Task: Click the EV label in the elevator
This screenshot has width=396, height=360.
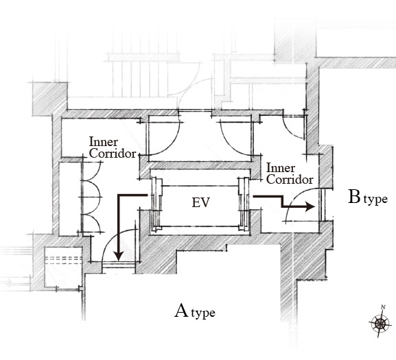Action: (x=201, y=202)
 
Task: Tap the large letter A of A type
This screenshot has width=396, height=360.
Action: (x=181, y=311)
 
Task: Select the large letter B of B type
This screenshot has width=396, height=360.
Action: (x=354, y=197)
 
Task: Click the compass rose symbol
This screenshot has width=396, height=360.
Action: (x=380, y=323)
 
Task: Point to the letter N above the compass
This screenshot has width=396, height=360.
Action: (x=383, y=307)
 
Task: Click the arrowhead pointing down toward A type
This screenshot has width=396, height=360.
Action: (x=119, y=256)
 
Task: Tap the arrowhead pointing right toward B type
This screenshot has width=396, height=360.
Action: (x=310, y=206)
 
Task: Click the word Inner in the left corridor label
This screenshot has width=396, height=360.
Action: (x=104, y=142)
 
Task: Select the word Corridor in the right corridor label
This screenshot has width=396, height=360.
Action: (x=290, y=180)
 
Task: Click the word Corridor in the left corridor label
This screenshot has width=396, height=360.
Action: (x=113, y=154)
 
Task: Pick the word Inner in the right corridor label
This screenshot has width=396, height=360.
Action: (x=281, y=168)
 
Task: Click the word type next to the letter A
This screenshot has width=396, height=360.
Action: (x=203, y=313)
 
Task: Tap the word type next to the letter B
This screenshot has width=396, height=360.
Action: (x=375, y=200)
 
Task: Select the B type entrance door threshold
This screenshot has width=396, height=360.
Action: (x=323, y=204)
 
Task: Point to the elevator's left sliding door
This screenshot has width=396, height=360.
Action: (x=156, y=204)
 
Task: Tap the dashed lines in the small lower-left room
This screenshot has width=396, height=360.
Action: (x=63, y=260)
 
